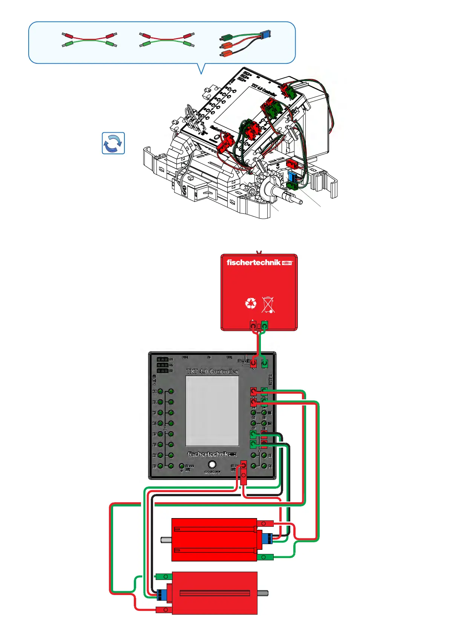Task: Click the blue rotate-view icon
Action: (x=113, y=143)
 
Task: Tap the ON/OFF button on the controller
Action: (x=212, y=465)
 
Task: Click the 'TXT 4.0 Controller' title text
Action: (x=212, y=371)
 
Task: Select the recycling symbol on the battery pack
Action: (x=251, y=303)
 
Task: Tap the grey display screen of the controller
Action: (x=212, y=411)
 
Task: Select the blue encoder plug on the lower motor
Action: (x=162, y=595)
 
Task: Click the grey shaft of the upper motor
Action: (x=166, y=540)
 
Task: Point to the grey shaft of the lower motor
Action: (x=263, y=593)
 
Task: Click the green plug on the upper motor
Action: (x=265, y=557)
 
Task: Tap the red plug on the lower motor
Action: (x=164, y=609)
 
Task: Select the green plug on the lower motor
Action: (x=164, y=577)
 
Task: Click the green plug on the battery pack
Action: (x=265, y=325)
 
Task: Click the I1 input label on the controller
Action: (x=154, y=391)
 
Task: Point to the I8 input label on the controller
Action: (x=154, y=466)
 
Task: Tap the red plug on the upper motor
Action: (x=265, y=523)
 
